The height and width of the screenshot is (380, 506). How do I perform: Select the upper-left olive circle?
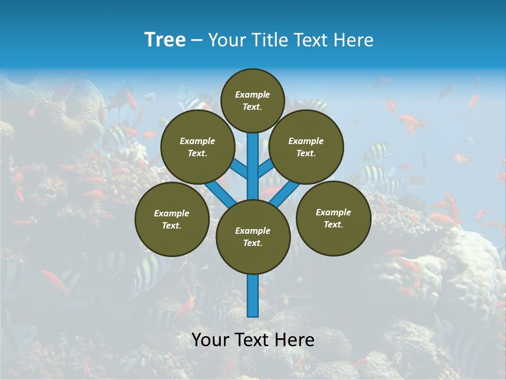(x=198, y=147)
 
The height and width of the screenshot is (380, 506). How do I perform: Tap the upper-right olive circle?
(x=306, y=147)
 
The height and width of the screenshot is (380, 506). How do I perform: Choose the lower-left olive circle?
(x=172, y=220)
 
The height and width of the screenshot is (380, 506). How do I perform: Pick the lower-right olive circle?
(x=333, y=218)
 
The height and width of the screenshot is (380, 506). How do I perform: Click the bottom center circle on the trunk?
(x=253, y=237)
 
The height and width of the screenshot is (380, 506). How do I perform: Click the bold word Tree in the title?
(x=165, y=40)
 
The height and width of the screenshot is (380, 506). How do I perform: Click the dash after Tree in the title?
(x=197, y=41)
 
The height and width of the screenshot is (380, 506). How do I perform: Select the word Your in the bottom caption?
(x=209, y=340)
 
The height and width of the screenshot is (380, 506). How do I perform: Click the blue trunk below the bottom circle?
(x=253, y=296)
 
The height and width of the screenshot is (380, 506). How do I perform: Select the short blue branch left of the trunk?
(x=240, y=169)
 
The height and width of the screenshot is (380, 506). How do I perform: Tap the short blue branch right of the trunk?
(x=266, y=169)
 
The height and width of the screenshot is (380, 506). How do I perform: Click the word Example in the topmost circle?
(x=252, y=95)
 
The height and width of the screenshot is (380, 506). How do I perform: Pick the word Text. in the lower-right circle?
(x=333, y=225)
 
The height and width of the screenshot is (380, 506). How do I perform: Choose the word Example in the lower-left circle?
(x=172, y=214)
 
